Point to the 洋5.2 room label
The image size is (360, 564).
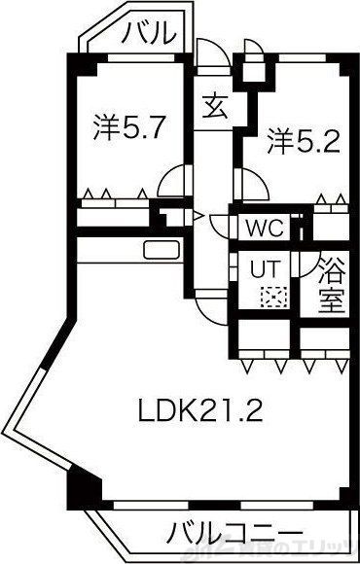tap(303, 144)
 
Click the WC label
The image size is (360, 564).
tap(264, 229)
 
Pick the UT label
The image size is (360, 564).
tap(265, 266)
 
